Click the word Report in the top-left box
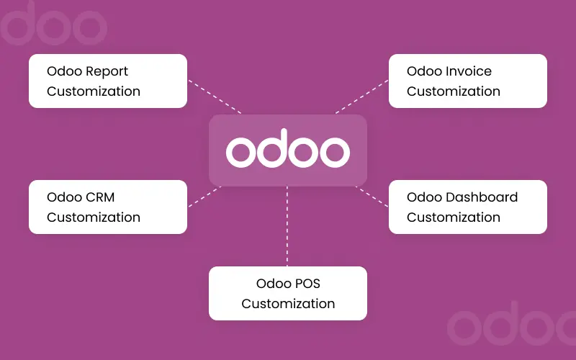(x=107, y=72)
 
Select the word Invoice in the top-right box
(x=469, y=72)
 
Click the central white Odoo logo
(x=288, y=150)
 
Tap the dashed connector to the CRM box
(x=204, y=197)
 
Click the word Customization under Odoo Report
(x=94, y=91)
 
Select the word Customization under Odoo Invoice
(x=454, y=91)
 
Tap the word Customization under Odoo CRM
(x=94, y=217)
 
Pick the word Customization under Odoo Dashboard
(x=454, y=217)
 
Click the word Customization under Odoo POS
(x=288, y=303)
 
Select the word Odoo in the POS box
(x=271, y=284)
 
